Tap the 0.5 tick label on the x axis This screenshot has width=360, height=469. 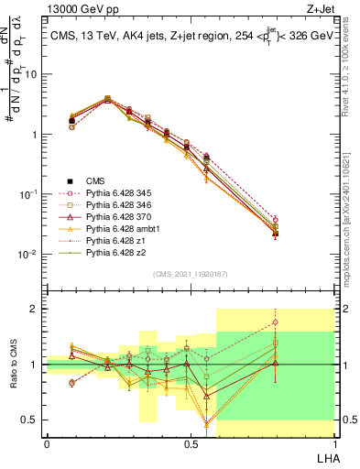pos(190,443)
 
